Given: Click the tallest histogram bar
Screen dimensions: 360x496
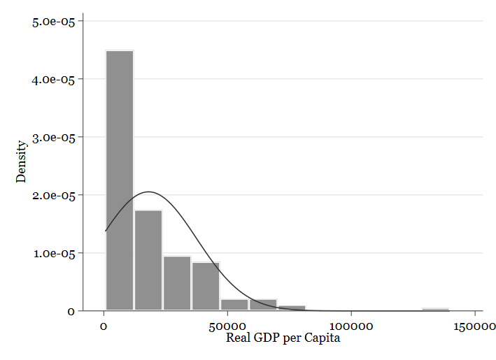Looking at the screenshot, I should click(x=119, y=180).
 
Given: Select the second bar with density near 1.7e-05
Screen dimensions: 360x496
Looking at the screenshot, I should click(x=148, y=260).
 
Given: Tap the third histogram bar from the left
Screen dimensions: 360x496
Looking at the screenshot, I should click(x=177, y=283).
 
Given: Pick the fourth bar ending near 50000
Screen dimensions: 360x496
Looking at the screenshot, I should click(x=206, y=286).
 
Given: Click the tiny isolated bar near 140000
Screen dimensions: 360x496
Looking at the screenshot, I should click(x=435, y=309).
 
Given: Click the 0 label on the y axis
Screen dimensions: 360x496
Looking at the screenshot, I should click(x=71, y=311).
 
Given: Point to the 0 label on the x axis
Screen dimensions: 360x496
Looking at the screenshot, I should click(x=104, y=326).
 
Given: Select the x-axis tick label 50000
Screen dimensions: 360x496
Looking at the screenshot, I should click(x=227, y=326).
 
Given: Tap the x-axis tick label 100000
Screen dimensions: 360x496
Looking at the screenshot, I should click(x=350, y=326).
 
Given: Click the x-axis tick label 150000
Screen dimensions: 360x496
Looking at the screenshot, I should click(x=474, y=326).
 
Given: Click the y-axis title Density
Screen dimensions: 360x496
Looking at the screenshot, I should click(x=22, y=161).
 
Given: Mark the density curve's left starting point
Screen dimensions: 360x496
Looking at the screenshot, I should click(x=106, y=231).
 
